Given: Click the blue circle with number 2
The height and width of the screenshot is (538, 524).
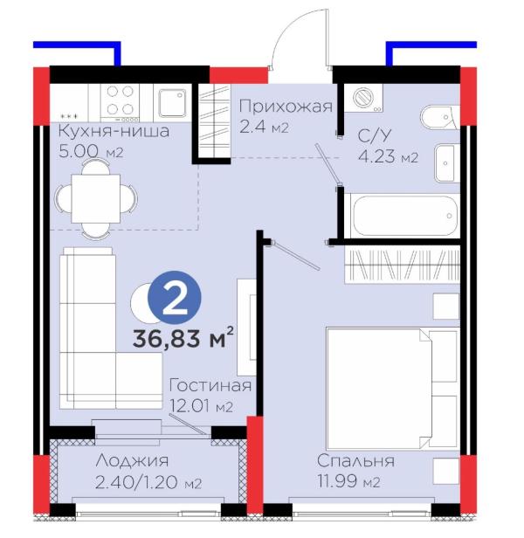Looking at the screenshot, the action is pos(175,297).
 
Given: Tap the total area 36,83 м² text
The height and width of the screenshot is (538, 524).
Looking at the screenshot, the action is pos(183,338).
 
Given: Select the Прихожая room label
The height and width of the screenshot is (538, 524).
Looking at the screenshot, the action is pos(286,107).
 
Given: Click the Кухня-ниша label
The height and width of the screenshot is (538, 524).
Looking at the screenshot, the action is pos(114,131).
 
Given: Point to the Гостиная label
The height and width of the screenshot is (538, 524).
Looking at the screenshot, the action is pos(210,386).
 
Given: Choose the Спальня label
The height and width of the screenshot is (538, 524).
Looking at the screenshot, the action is pos(355,461).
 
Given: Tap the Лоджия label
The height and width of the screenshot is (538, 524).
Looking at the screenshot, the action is pos(132,461).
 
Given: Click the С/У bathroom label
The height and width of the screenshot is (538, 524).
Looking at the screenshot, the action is pos(375,136).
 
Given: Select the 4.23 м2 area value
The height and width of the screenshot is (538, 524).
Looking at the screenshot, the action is pos(388,157).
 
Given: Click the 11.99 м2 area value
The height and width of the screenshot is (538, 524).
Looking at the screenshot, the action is pos(348,482).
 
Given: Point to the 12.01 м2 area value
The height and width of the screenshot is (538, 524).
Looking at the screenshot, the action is pos(202,407).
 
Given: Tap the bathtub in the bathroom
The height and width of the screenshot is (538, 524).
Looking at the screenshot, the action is pos(405,216).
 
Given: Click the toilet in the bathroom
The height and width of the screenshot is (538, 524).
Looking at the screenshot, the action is pos(439,117).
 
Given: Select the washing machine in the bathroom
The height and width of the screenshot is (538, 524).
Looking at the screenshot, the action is pos(364,98).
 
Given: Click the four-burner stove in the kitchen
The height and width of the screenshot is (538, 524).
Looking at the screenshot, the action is pos(120,103).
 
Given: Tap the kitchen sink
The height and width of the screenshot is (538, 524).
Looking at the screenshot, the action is pos(172,103).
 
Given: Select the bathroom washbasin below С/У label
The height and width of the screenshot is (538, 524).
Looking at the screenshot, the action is pos(447,163).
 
